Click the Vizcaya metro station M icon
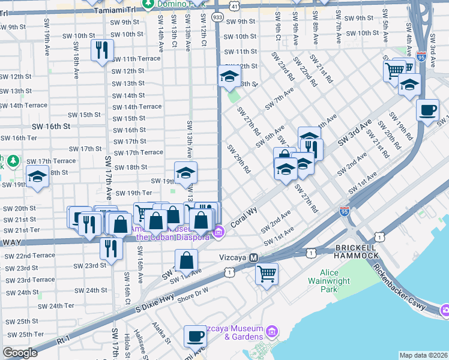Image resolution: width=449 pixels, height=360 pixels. click(253, 257)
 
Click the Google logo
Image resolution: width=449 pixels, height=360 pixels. click(20, 353)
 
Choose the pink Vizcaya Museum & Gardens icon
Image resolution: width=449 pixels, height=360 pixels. click(271, 331)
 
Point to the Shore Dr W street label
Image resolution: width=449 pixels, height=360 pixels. click(192, 293)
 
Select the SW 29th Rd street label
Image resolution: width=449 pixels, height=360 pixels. click(238, 160)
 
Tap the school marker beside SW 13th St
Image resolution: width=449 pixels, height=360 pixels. click(229, 76)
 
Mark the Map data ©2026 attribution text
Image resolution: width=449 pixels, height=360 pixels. click(423, 355)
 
